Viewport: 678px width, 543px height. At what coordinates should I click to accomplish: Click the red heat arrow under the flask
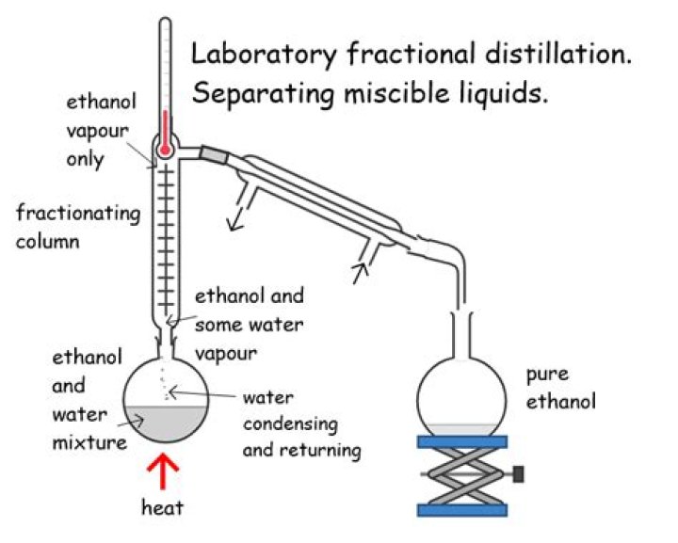tap(167, 471)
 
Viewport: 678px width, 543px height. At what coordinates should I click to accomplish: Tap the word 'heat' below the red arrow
tap(162, 508)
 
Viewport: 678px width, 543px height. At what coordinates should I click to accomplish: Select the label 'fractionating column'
tap(77, 226)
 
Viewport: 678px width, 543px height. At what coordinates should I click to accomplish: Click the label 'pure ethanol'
tap(555, 386)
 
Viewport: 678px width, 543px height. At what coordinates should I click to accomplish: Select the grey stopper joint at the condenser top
tap(215, 154)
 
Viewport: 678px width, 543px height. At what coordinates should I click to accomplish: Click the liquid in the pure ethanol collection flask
tap(469, 427)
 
